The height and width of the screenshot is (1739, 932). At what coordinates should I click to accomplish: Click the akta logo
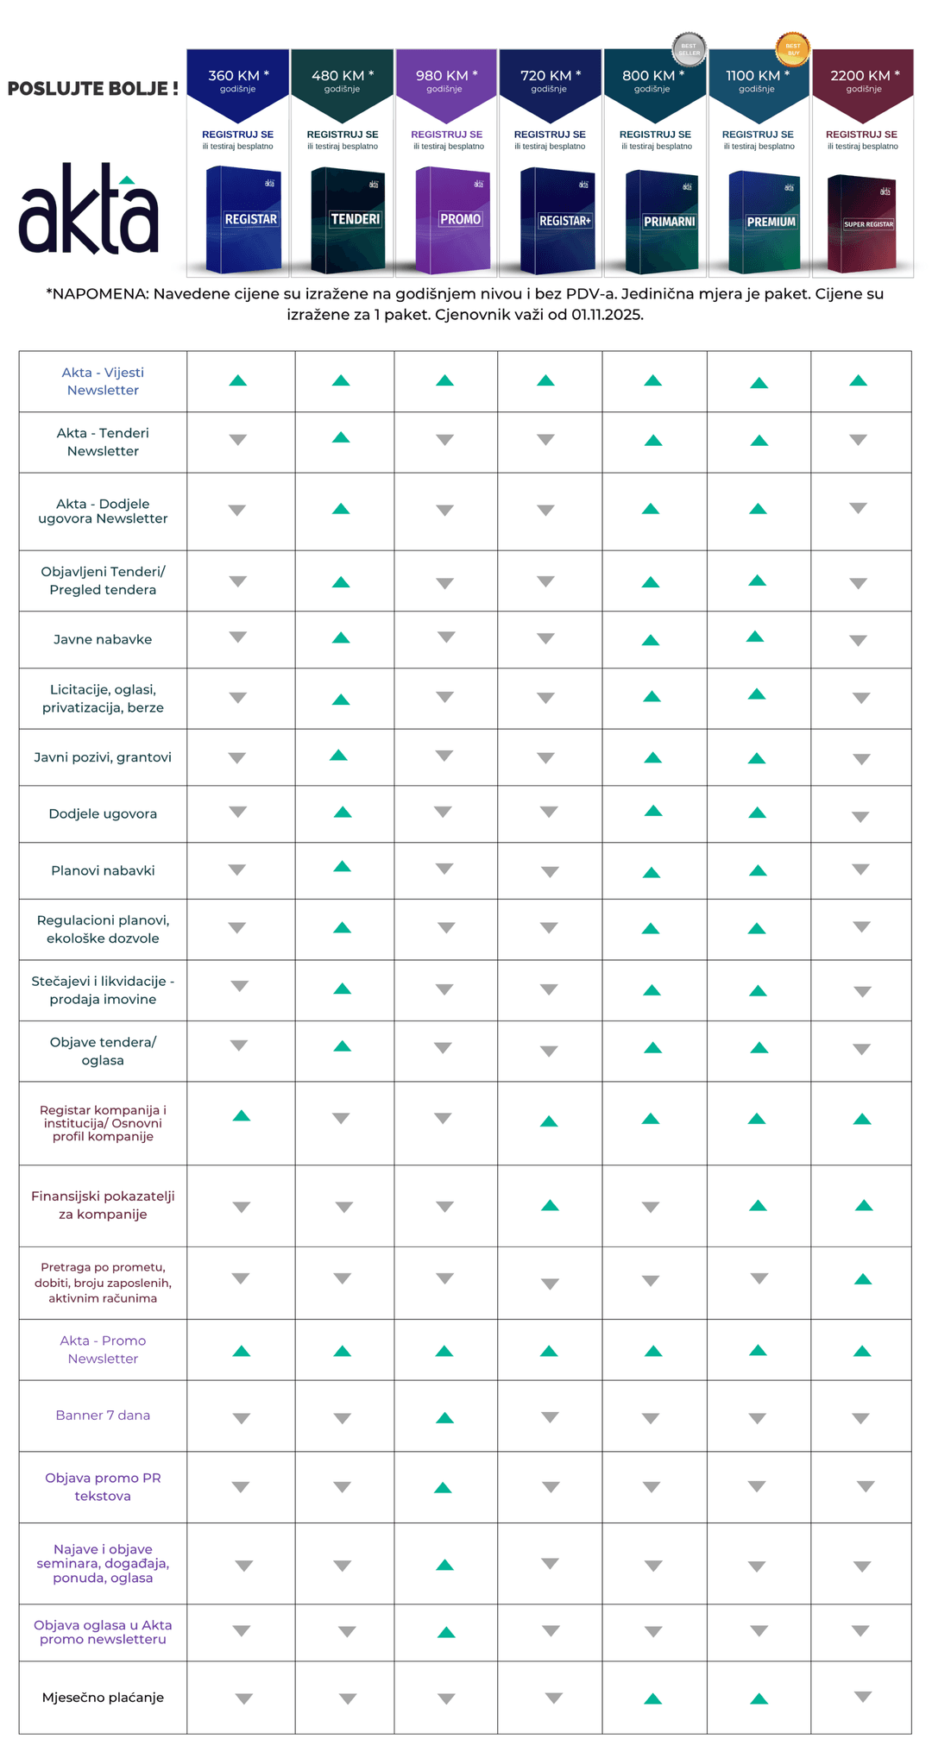89,210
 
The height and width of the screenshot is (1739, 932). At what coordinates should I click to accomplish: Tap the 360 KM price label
238,76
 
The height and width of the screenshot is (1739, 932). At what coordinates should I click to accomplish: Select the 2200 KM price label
864,76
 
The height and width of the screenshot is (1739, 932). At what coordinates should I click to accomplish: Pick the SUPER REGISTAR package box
862,224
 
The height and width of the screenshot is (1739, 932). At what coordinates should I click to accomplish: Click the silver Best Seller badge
689,49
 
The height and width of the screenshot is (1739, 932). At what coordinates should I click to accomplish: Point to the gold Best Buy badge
792,49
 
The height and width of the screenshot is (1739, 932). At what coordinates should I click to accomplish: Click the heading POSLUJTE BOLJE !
93,89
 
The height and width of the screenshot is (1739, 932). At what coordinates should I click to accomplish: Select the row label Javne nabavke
103,639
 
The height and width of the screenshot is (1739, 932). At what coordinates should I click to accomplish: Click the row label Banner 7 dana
103,1415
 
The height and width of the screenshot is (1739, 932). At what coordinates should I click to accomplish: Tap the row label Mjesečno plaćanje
103,1697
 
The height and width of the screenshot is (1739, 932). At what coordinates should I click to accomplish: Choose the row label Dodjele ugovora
103,813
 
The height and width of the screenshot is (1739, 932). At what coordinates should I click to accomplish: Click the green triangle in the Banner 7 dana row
444,1417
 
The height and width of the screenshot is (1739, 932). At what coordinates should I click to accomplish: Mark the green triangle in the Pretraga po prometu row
862,1279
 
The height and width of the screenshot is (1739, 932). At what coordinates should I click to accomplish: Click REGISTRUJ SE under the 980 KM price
446,135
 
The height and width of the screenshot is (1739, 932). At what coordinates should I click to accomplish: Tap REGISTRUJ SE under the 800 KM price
655,135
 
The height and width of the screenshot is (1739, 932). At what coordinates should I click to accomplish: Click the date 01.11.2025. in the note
607,315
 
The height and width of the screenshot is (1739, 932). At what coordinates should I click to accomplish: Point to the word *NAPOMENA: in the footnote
97,294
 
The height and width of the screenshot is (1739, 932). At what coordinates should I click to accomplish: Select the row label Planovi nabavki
103,870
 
